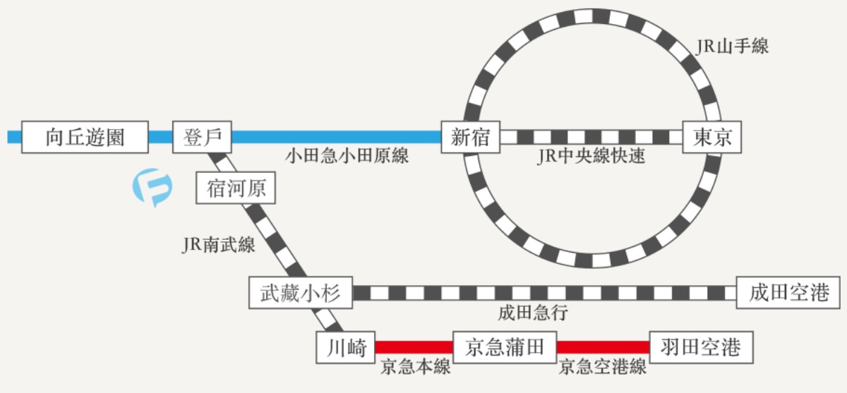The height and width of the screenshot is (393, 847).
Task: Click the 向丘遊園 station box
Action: [x=85, y=137]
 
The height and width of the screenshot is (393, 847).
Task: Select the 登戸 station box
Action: [x=202, y=137]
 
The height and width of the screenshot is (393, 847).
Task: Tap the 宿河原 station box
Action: [x=236, y=189]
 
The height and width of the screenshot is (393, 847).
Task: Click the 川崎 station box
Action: [x=346, y=347]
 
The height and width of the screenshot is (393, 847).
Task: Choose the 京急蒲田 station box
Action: [x=505, y=347]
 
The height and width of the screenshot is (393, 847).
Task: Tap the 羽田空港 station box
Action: [x=700, y=347]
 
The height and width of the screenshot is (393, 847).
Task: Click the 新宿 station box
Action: [x=470, y=137]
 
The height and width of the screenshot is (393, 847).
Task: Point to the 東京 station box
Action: [x=712, y=137]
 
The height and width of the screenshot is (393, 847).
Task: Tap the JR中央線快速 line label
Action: [x=591, y=156]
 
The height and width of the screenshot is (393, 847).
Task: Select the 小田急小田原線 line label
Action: [x=347, y=156]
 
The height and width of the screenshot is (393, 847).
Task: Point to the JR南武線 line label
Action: [x=219, y=245]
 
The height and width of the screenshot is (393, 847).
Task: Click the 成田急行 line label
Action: [x=532, y=313]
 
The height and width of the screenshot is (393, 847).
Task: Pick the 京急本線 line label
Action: [x=415, y=367]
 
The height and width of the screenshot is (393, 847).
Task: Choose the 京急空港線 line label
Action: [x=603, y=367]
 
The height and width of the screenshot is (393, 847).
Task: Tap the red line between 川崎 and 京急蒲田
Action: [x=414, y=347]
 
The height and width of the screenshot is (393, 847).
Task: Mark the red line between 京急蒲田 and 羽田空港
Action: [x=603, y=347]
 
